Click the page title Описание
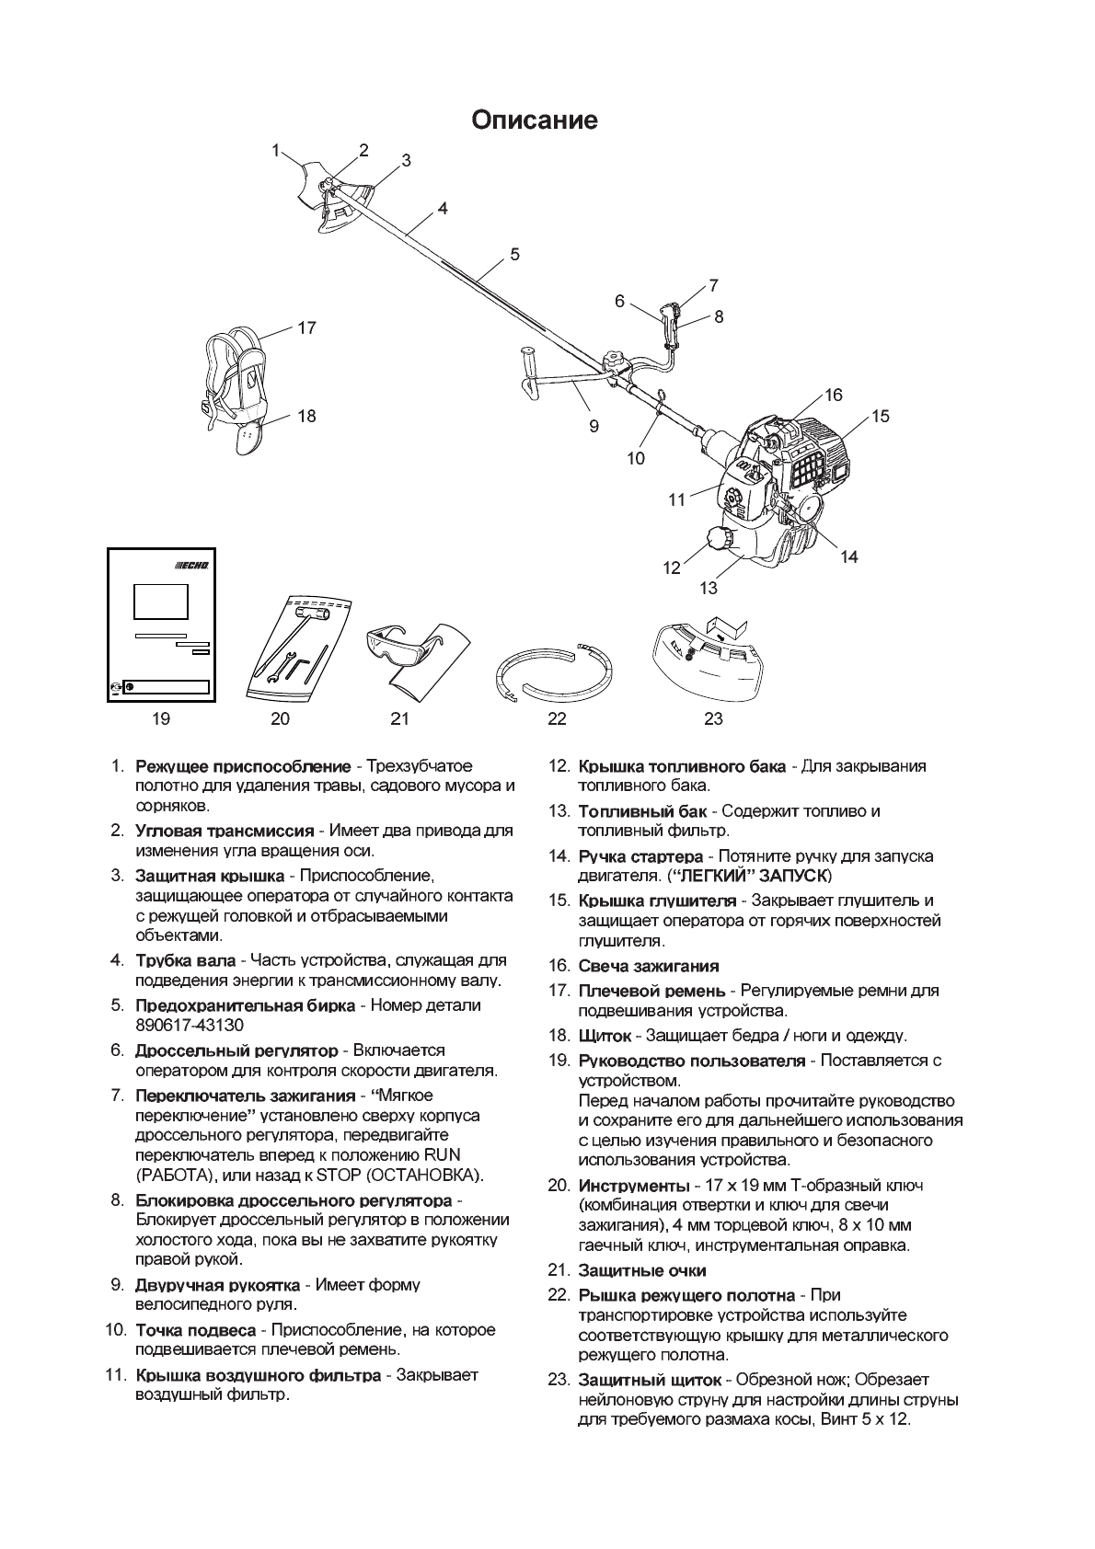535,120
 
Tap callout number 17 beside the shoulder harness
306,327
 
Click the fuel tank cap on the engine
720,539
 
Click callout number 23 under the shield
713,718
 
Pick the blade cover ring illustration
555,671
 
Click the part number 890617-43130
190,1025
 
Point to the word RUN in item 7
442,1155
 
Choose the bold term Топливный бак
642,811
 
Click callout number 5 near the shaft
515,254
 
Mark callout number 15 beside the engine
880,416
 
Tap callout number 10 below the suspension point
636,457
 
